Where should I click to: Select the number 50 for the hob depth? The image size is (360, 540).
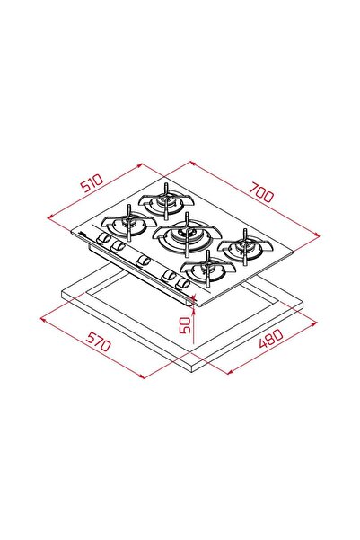pyautogui.click(x=184, y=324)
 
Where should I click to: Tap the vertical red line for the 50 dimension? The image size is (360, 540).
pyautogui.click(x=195, y=323)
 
